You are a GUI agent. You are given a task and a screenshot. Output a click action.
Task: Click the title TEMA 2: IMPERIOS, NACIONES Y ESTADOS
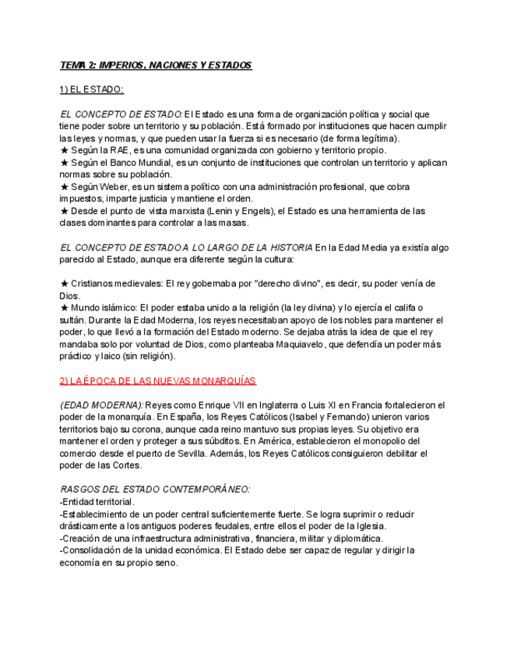click(x=156, y=65)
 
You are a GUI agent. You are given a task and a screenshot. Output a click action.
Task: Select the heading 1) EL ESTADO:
click(x=92, y=90)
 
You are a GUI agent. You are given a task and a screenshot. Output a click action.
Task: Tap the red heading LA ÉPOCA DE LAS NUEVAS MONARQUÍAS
click(x=157, y=381)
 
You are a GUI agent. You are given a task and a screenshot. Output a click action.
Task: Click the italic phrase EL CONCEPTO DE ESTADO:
click(x=121, y=114)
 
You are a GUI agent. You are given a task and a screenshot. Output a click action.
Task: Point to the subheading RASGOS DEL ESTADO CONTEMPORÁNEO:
click(x=155, y=490)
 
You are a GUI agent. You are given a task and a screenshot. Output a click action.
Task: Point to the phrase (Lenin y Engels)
click(x=234, y=211)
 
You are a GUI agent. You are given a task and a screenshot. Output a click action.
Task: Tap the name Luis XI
click(x=322, y=405)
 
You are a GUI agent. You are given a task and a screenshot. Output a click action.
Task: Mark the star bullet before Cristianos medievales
click(x=64, y=284)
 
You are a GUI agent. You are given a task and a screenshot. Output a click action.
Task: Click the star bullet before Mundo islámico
click(x=64, y=308)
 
